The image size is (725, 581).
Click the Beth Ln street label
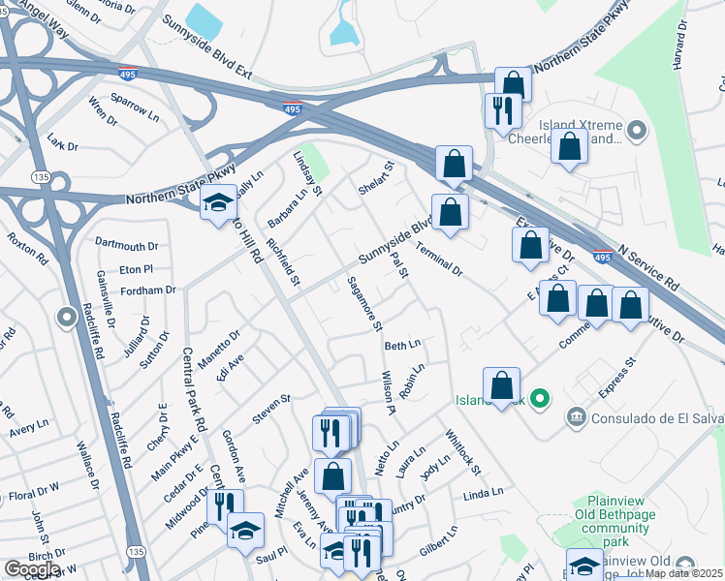(402, 345)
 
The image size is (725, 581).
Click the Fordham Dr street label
(148, 290)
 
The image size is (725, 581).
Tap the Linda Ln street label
(483, 494)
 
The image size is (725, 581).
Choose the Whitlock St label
(463, 452)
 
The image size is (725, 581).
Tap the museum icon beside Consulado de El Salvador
(576, 415)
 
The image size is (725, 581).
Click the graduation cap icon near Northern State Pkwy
(218, 202)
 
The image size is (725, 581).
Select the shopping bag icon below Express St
(501, 385)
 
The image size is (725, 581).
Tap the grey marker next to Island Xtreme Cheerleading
(637, 130)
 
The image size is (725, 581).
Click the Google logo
(32, 569)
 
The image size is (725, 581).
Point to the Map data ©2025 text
(683, 573)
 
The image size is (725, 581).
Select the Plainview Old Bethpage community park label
(616, 514)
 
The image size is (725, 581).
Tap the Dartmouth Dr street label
(126, 247)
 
